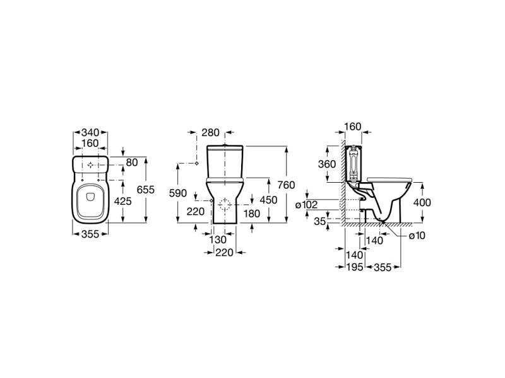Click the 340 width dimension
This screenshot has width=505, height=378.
point(90,132)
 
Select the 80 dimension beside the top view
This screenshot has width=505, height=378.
point(132,163)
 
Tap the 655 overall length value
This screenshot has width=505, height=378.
point(146,190)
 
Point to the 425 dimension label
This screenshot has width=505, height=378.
point(123,201)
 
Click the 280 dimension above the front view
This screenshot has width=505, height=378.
point(210,132)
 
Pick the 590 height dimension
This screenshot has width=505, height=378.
point(178,193)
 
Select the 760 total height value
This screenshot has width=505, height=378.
point(286,185)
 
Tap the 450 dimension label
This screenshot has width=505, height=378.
point(268,200)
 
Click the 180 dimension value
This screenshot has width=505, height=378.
point(251,214)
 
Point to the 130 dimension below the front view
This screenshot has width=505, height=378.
point(218,239)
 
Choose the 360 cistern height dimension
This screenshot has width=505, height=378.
point(327,164)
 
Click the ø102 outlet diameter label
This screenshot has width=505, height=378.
point(306,205)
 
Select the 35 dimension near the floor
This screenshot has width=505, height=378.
point(320,221)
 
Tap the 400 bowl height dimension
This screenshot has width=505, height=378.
point(422,202)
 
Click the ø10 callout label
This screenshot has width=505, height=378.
point(417,236)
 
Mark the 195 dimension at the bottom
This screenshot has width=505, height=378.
point(355,266)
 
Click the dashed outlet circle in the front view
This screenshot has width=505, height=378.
point(225,205)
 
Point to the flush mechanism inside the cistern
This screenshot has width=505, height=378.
point(354,164)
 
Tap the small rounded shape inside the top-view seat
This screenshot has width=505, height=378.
point(90,196)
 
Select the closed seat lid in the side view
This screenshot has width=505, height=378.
point(390,180)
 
